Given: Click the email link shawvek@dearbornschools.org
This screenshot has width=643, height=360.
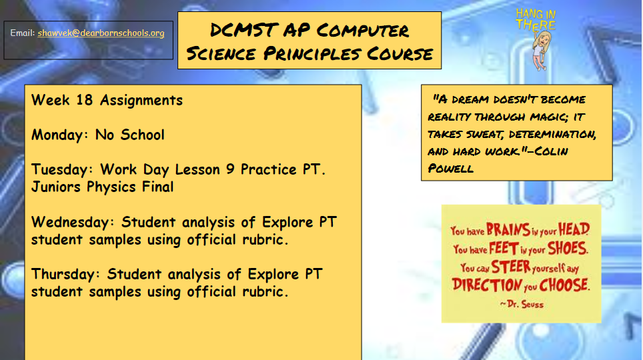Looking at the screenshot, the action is click(x=101, y=33).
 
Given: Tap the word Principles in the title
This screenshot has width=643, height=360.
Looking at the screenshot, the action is click(x=312, y=53).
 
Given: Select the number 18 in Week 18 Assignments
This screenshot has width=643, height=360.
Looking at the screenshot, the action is click(x=85, y=100).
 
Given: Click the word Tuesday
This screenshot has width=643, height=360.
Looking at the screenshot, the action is click(x=61, y=170).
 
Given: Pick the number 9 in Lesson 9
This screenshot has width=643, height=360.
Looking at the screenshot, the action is click(x=230, y=169).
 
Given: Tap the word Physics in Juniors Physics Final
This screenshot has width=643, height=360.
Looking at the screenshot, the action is click(x=111, y=187).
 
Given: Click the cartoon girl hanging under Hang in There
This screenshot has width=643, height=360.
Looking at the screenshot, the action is click(x=542, y=51).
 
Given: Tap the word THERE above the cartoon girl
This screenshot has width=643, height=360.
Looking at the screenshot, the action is click(x=536, y=25).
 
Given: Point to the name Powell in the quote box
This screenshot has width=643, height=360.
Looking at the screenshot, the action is click(x=451, y=169).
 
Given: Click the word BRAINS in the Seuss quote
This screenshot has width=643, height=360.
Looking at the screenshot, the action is click(x=508, y=229).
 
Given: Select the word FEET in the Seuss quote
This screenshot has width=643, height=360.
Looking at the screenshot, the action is click(x=504, y=249).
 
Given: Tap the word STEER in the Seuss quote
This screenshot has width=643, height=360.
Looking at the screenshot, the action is click(x=511, y=267).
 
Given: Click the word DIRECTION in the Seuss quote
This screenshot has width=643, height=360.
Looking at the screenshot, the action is click(x=487, y=285).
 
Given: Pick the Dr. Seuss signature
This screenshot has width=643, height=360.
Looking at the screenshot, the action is click(x=522, y=304).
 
